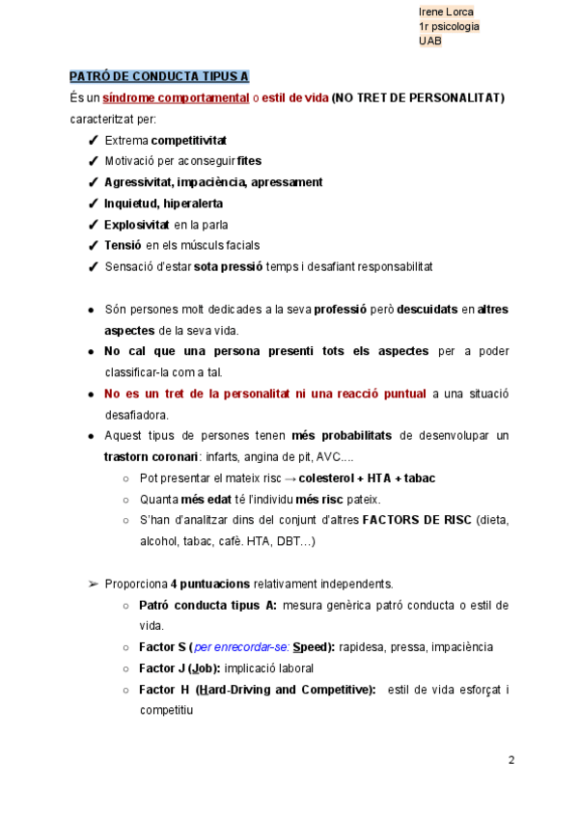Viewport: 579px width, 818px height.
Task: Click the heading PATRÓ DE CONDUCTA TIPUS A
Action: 159,76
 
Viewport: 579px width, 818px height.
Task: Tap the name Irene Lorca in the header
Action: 446,12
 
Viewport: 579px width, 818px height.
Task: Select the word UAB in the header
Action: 429,41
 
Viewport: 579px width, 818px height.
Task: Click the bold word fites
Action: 249,161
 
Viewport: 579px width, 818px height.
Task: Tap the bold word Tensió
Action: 124,246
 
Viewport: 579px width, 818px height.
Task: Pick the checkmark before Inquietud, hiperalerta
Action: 93,204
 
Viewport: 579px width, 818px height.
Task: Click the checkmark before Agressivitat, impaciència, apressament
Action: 93,182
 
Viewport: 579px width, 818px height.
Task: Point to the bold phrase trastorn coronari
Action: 151,456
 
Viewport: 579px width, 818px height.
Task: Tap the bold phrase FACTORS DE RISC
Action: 417,520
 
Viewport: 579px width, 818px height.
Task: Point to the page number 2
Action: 511,760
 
